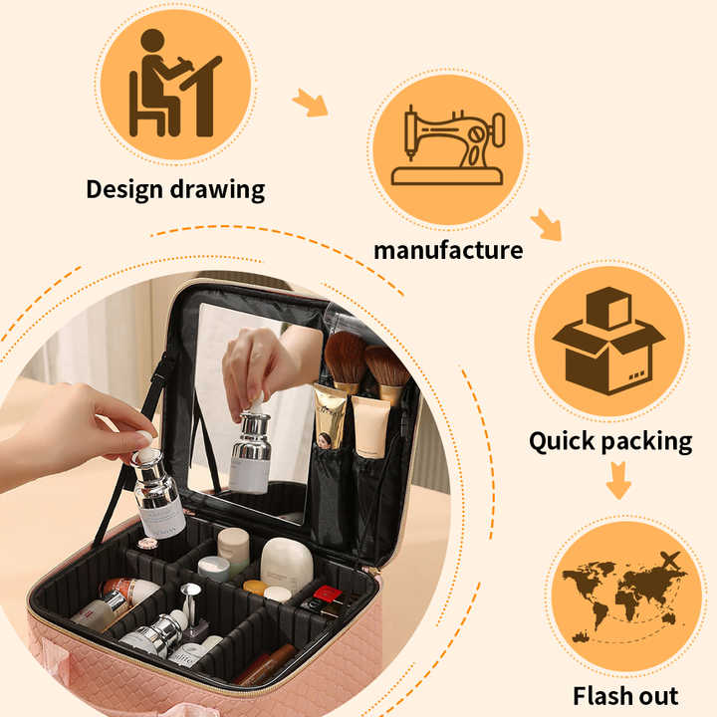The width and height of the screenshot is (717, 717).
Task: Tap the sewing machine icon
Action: click(x=447, y=148)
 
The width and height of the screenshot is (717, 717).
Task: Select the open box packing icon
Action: click(x=608, y=341)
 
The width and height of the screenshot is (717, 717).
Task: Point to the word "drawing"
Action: click(x=221, y=189)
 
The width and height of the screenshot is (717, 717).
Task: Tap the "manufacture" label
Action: click(x=447, y=249)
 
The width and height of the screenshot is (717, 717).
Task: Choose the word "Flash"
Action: click(x=606, y=694)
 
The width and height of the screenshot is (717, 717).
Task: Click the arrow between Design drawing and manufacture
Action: click(x=311, y=102)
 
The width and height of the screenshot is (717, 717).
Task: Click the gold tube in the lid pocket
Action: click(x=330, y=416)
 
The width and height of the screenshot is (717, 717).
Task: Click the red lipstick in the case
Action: click(x=322, y=597)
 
